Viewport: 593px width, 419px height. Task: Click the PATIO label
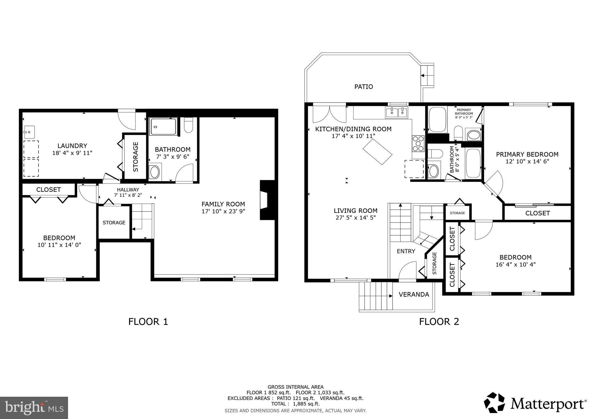(363, 87)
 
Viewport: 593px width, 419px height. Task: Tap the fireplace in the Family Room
(264, 200)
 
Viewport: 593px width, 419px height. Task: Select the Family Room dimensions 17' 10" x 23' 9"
(223, 211)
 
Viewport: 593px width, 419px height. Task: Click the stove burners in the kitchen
(418, 144)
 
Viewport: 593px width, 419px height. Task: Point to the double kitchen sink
(396, 113)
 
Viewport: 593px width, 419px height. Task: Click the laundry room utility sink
(29, 132)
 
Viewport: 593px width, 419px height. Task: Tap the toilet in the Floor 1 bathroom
(188, 125)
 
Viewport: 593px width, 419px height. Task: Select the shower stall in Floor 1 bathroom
(163, 127)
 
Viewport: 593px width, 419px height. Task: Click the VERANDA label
(414, 295)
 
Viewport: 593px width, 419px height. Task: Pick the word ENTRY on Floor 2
(406, 251)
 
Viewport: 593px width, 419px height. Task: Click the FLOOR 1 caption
(148, 321)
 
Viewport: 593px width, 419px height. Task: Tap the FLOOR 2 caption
(439, 321)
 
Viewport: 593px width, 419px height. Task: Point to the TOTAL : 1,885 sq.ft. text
(295, 404)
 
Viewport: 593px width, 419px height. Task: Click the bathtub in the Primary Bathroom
(437, 120)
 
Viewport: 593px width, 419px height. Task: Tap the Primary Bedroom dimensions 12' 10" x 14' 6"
(527, 161)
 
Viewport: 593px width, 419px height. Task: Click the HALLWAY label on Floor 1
(128, 190)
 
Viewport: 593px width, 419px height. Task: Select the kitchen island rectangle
(377, 152)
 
